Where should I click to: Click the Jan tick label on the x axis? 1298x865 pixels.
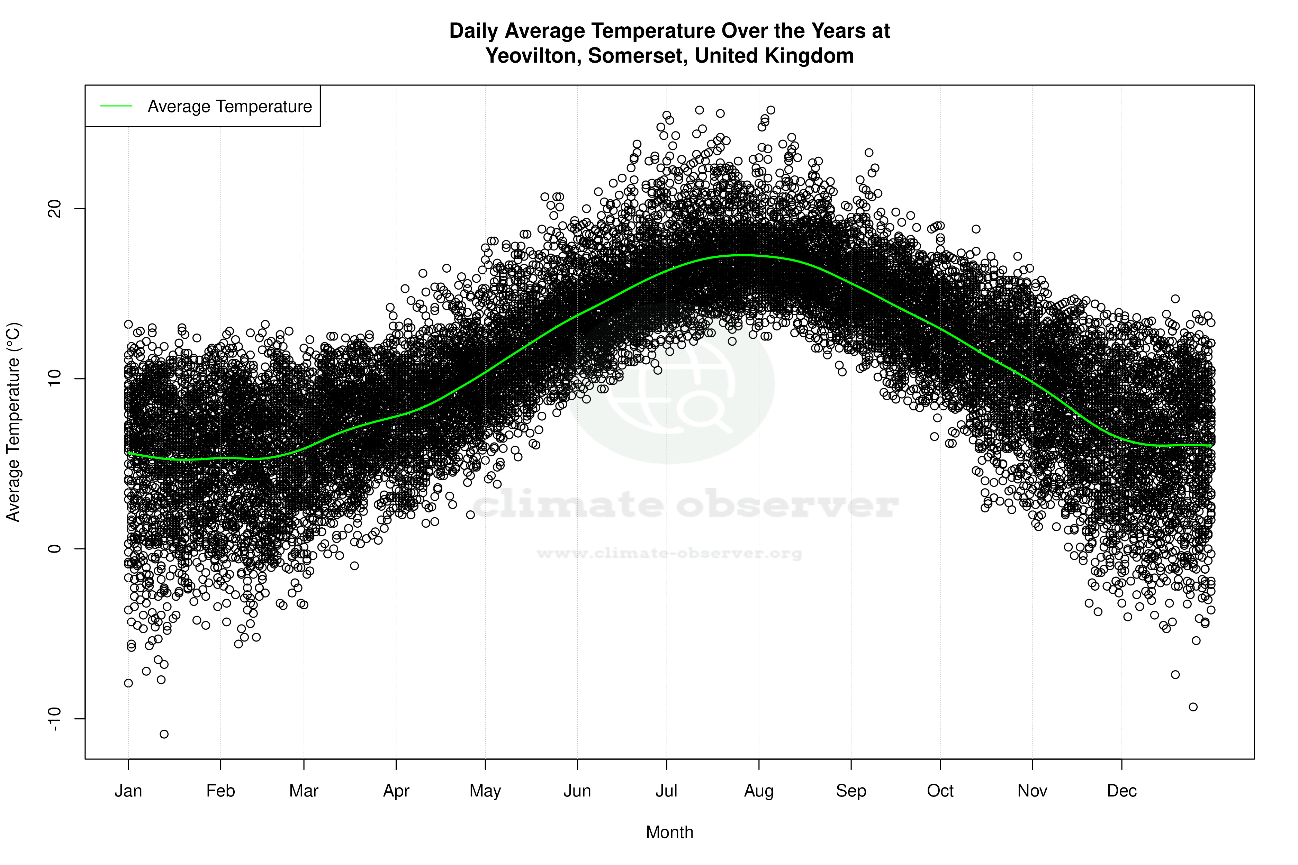click(128, 791)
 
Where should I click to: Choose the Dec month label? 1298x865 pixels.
click(1121, 791)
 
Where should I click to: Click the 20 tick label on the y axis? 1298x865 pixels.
click(54, 209)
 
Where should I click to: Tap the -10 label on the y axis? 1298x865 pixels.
click(54, 718)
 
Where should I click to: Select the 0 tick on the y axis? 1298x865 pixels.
click(54, 549)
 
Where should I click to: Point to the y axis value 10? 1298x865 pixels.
click(54, 379)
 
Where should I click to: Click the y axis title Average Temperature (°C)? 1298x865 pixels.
click(13, 422)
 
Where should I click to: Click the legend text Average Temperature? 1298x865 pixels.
click(229, 107)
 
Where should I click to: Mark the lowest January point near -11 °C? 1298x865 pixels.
click(164, 734)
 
